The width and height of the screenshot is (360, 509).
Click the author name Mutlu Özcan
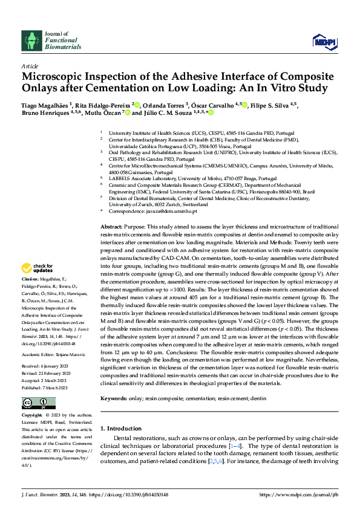tap(102, 112)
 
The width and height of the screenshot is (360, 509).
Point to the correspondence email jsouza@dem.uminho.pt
tap(179, 212)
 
